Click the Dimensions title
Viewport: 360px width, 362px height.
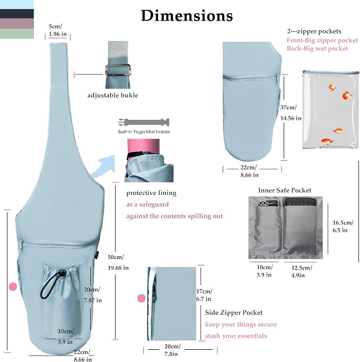tap(187, 16)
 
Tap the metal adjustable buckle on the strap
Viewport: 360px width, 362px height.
tap(118, 70)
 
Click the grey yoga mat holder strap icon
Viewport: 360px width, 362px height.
tap(144, 122)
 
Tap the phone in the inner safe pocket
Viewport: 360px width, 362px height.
tap(268, 203)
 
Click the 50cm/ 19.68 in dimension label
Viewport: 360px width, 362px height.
tap(118, 262)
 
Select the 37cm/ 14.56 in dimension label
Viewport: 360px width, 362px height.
tap(291, 113)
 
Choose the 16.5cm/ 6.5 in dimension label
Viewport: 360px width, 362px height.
tap(343, 226)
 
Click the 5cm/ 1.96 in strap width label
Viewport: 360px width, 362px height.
tap(58, 30)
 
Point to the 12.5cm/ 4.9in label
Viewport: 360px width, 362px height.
tap(302, 272)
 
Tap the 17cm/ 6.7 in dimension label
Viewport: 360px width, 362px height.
tap(204, 295)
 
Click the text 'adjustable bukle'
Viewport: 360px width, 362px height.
tap(113, 96)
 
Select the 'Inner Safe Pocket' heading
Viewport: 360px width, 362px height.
tap(285, 190)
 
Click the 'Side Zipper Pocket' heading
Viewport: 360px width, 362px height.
tap(234, 313)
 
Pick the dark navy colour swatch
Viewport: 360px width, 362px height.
tap(17, 14)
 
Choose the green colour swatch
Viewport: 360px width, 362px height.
tap(17, 33)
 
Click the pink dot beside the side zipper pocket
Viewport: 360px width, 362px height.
tap(142, 298)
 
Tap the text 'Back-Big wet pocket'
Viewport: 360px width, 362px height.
tap(318, 48)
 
